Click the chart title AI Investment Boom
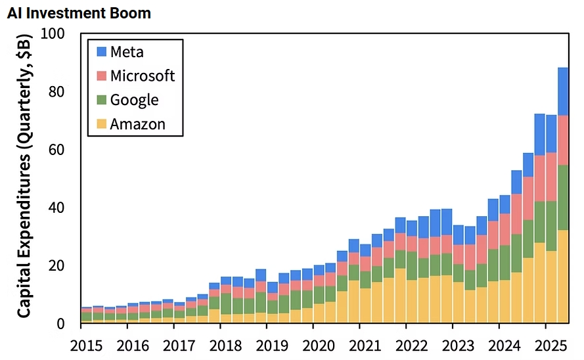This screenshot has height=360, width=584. click(x=79, y=12)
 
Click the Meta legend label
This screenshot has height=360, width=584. click(x=127, y=52)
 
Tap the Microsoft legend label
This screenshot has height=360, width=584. click(x=143, y=76)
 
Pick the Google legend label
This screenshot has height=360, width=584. click(x=134, y=99)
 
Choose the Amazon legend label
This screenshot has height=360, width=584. click(x=138, y=124)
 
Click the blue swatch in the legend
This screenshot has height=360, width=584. click(x=101, y=52)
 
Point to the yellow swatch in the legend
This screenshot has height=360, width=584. click(x=101, y=124)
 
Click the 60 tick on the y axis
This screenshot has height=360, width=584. click(x=57, y=150)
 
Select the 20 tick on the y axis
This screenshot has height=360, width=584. click(x=57, y=265)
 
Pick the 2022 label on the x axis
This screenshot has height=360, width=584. click(x=406, y=345)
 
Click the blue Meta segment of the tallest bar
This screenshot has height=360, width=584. click(x=563, y=91)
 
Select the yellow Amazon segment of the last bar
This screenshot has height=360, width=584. click(x=563, y=276)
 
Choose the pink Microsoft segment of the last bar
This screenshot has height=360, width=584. click(x=563, y=140)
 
